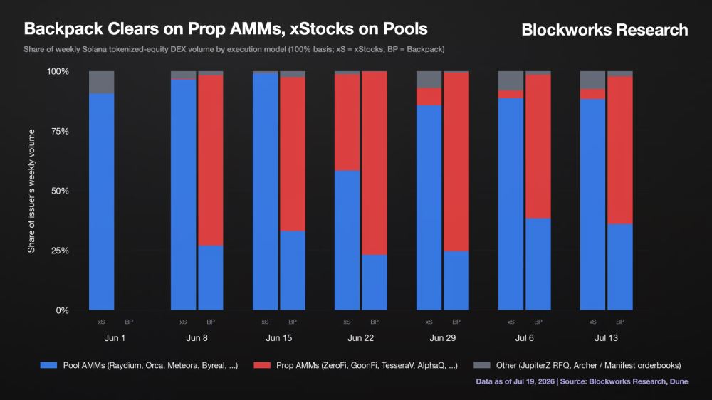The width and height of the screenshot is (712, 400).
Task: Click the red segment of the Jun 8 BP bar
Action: click(x=211, y=160)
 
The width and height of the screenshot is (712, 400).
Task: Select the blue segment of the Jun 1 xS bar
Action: click(x=102, y=202)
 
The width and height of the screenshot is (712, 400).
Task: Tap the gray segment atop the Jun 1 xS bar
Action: click(x=102, y=83)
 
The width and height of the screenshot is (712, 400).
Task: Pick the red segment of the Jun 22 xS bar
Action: click(x=347, y=122)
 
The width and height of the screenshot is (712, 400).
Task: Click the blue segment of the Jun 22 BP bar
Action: click(x=375, y=283)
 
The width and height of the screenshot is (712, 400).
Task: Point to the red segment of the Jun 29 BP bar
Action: click(x=456, y=162)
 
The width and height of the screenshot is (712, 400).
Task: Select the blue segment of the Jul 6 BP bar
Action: click(x=538, y=264)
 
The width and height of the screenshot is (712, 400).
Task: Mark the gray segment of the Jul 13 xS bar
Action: click(x=592, y=80)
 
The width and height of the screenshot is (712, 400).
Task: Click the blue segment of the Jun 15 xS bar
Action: click(x=265, y=191)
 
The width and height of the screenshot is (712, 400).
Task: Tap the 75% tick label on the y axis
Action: click(x=60, y=131)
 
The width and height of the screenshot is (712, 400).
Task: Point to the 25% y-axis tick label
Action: click(x=60, y=251)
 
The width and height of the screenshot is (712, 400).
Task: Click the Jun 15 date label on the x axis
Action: click(x=279, y=338)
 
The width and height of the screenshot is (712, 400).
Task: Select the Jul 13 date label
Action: click(x=606, y=338)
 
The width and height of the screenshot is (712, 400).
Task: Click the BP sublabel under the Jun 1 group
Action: click(x=129, y=322)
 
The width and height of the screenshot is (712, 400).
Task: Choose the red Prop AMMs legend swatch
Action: click(x=262, y=365)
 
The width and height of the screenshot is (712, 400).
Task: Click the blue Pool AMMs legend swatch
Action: click(x=48, y=365)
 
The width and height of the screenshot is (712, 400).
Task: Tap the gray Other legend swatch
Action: click(x=482, y=365)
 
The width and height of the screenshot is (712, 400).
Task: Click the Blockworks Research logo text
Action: click(x=604, y=30)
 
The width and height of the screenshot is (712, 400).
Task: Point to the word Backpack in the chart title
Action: click(x=63, y=28)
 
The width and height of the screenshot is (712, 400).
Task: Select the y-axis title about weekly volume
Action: click(x=31, y=191)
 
